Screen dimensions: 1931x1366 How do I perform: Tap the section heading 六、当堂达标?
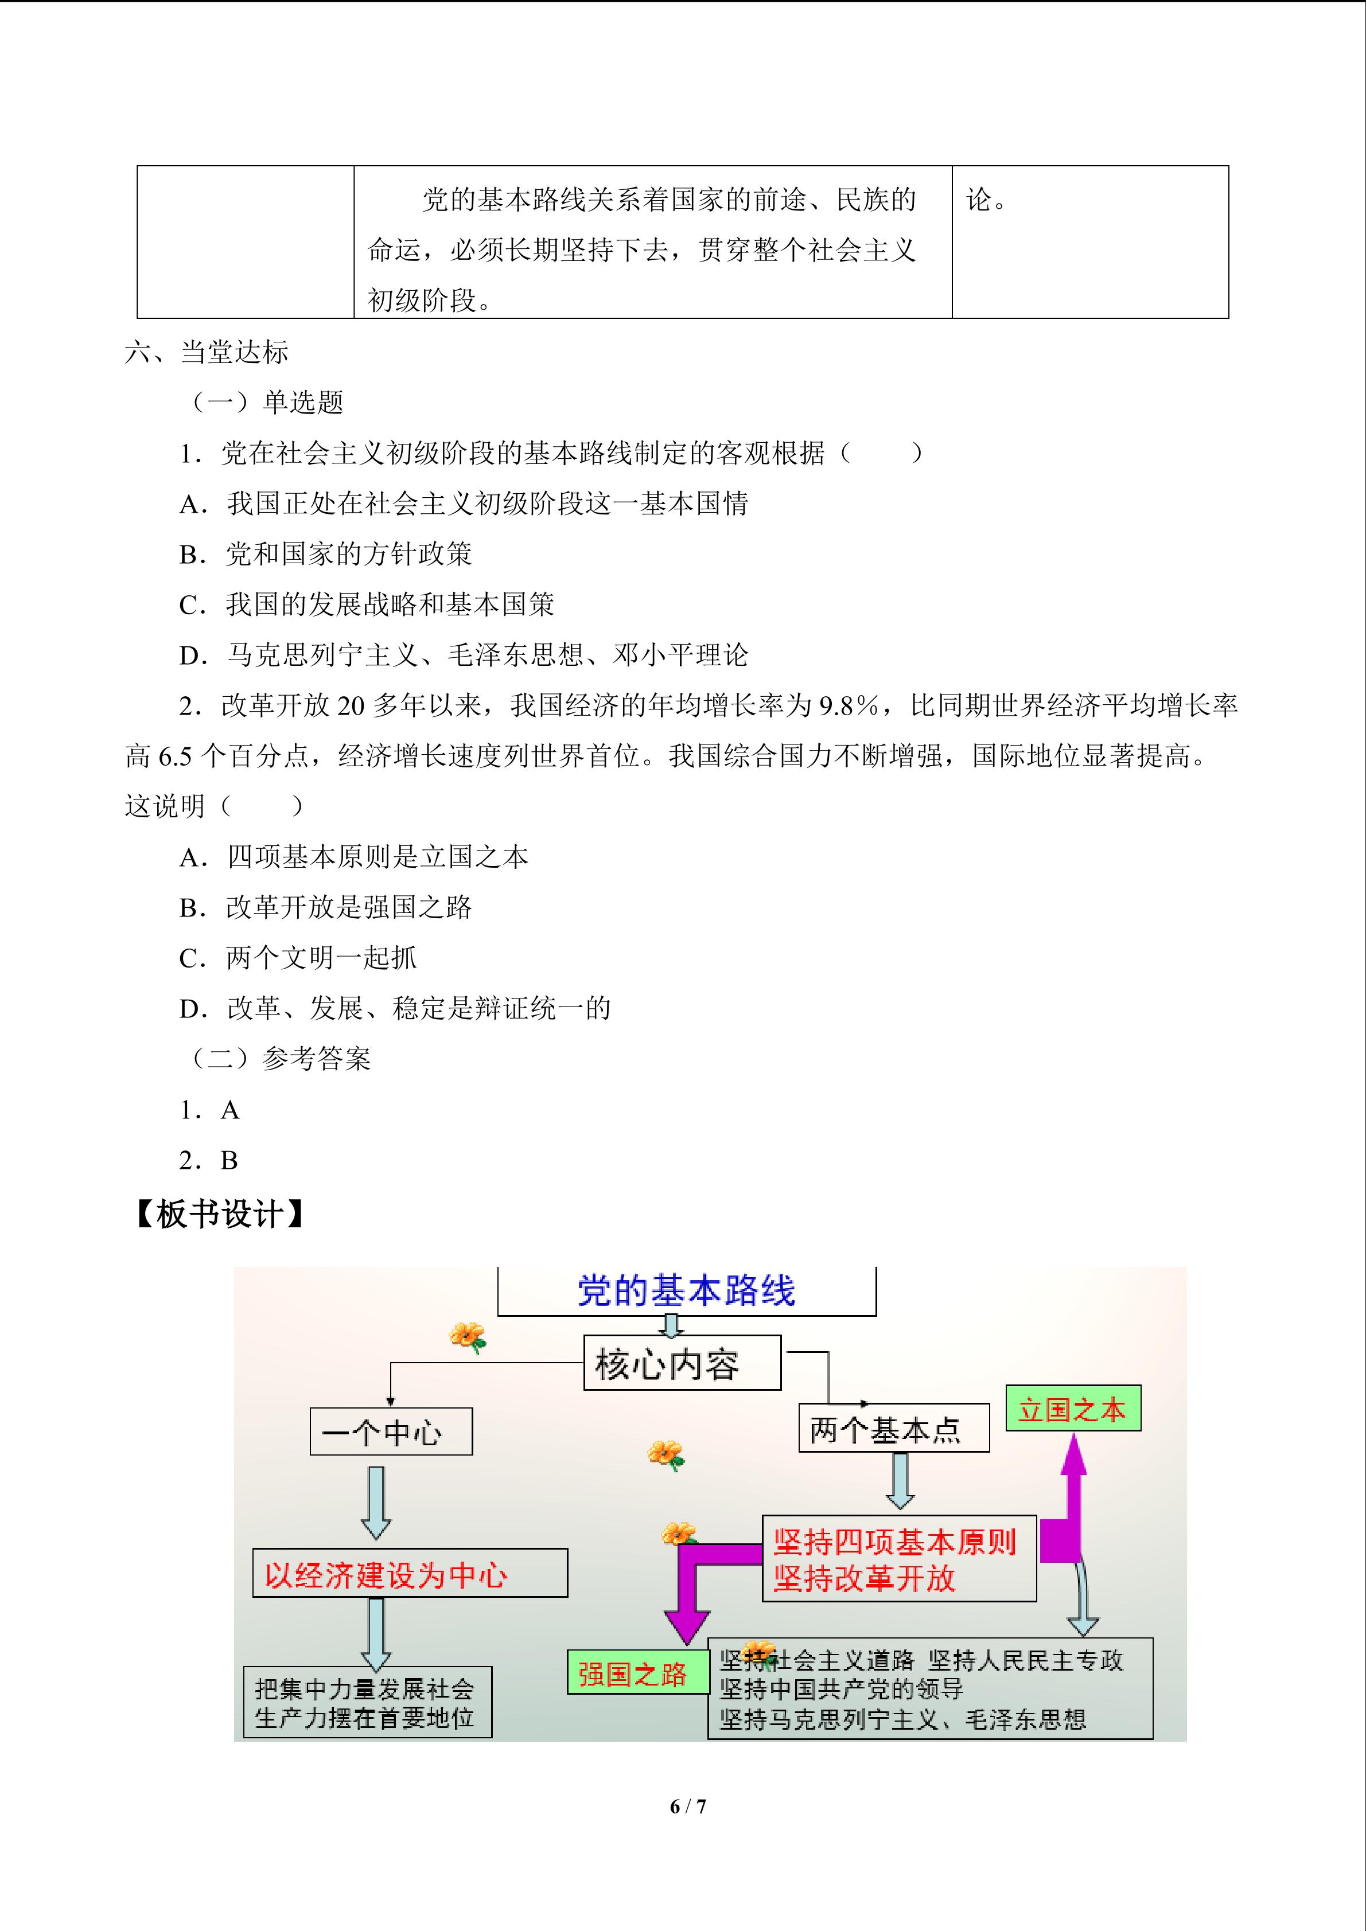207,352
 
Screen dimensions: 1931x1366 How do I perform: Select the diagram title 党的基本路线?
686,1291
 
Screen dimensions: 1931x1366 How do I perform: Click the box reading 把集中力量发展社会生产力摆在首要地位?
366,1703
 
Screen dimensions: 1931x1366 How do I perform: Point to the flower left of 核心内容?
468,1336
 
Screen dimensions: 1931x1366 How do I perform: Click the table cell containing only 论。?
1089,241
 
